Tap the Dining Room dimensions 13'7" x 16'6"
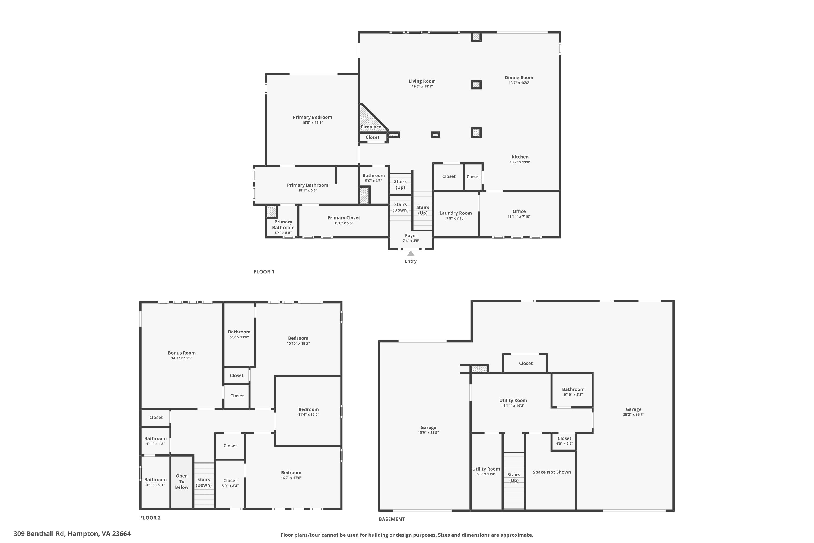pos(519,83)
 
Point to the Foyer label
pos(411,235)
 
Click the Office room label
pos(519,211)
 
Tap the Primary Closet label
pos(344,218)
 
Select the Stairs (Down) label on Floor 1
pos(400,207)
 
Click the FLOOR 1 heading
pos(264,272)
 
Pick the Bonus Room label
pos(182,353)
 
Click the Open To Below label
pos(182,482)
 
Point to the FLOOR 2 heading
pos(150,518)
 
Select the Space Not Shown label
pos(552,472)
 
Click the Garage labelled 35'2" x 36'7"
pos(633,409)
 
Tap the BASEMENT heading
pos(392,519)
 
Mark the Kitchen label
pos(520,157)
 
